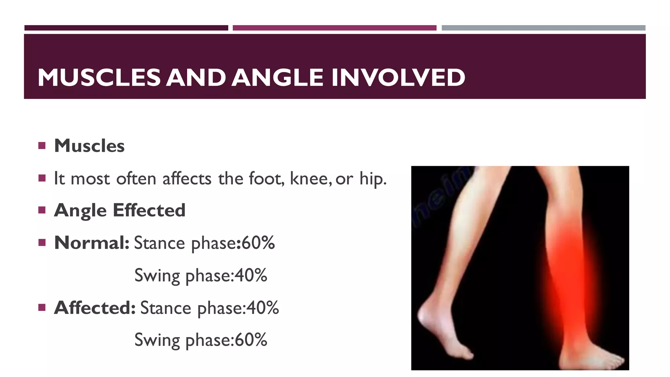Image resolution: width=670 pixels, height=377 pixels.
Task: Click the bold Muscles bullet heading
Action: (x=89, y=146)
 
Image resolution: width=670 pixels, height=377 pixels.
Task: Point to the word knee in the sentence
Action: (x=309, y=179)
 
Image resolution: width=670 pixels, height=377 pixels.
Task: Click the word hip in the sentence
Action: (x=373, y=179)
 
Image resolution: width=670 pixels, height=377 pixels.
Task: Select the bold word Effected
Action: (x=149, y=210)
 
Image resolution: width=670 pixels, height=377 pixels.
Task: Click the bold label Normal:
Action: (x=92, y=243)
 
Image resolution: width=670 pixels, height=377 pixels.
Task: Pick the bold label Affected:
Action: (x=95, y=308)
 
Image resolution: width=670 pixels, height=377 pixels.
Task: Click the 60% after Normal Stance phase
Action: (x=258, y=243)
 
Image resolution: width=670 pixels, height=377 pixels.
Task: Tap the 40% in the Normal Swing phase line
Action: (x=251, y=275)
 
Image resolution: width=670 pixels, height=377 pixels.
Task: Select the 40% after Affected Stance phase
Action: (x=262, y=308)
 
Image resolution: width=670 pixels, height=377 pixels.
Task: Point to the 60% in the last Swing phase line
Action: (x=251, y=340)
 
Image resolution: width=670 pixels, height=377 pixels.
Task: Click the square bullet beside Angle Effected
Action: (x=42, y=210)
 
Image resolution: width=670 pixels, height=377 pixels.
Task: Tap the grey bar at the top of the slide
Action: (x=543, y=28)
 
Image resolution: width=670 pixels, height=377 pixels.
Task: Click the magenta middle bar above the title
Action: (x=334, y=28)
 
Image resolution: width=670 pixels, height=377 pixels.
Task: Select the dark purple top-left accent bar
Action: (x=126, y=28)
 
